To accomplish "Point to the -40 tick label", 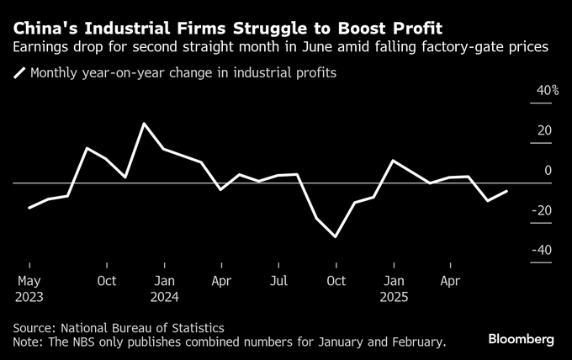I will click(x=541, y=250).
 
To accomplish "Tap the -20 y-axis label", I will click(x=541, y=210).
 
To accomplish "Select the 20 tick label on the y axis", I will click(x=544, y=130).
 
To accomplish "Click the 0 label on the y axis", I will click(x=548, y=171).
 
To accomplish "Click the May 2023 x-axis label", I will click(x=29, y=288).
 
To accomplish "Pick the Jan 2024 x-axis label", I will click(x=165, y=288).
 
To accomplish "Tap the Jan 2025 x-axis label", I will click(x=393, y=288).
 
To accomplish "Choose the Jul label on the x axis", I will click(x=278, y=280).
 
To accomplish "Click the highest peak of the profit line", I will click(x=144, y=124).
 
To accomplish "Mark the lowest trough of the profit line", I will click(x=336, y=236).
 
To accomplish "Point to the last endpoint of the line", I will click(x=506, y=191).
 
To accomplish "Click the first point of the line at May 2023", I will click(x=29, y=207).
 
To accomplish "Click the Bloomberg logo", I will click(x=522, y=339).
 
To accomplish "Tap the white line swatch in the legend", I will click(x=19, y=73).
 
